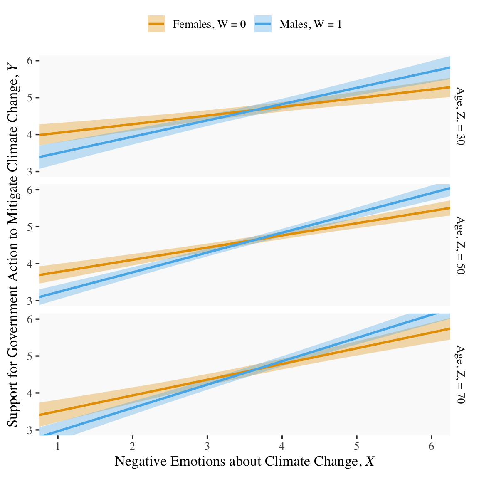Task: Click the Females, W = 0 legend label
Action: coord(209,25)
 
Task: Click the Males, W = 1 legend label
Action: coord(311,25)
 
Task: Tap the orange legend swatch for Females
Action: coord(156,25)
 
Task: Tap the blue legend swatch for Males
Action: coord(263,25)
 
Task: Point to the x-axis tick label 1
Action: coord(58,447)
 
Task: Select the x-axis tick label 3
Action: coord(207,447)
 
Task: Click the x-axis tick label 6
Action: coord(431,447)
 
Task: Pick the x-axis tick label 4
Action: coord(282,447)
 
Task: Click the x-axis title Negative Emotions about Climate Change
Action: coord(244,462)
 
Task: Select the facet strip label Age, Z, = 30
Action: coord(460,116)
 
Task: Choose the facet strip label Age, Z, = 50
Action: coord(460,245)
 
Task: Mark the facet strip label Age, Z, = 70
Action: coord(460,374)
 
